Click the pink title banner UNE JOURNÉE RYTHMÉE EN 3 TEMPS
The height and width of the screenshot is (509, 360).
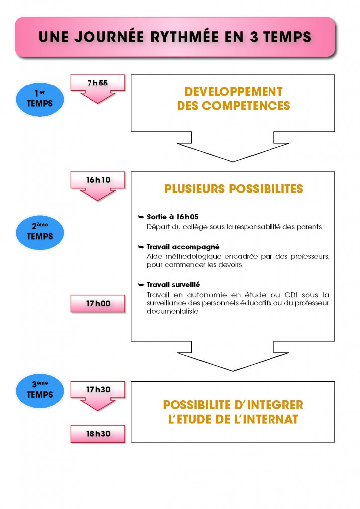pos(175,37)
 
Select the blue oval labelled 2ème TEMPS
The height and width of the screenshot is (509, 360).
pos(40,232)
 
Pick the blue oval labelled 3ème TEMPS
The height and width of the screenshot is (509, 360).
pos(40,390)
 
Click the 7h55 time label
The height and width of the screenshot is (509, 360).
pos(97,83)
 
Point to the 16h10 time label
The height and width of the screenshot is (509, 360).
pos(97,180)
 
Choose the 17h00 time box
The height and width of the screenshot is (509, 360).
pos(97,303)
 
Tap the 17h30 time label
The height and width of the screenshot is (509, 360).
pos(97,389)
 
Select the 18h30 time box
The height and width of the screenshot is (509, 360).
pos(97,434)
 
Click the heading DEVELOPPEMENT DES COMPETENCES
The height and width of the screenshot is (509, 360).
pos(233,99)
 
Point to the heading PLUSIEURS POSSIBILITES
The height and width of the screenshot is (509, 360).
pos(233,189)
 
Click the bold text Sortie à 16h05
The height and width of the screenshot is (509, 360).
pos(173,217)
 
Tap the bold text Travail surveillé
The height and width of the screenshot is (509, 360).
pos(173,285)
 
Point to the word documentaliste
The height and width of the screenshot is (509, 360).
pos(173,311)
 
